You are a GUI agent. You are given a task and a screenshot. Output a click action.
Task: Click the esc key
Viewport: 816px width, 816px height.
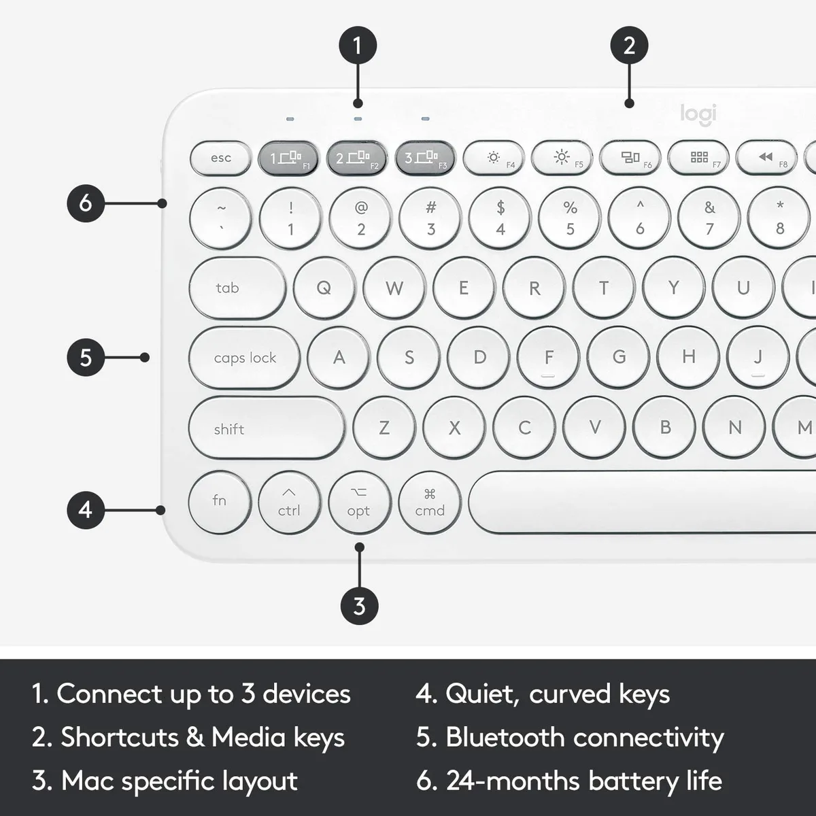click(x=220, y=158)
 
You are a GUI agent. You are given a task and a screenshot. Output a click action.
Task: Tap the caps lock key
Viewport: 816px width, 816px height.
click(x=244, y=358)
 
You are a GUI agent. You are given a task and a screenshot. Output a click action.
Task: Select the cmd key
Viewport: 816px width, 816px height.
click(x=430, y=503)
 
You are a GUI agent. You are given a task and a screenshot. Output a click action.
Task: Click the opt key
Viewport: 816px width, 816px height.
click(x=360, y=503)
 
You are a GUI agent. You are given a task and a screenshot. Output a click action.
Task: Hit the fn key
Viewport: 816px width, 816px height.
click(x=220, y=503)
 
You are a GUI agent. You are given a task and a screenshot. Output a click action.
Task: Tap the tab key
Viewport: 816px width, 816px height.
click(x=237, y=288)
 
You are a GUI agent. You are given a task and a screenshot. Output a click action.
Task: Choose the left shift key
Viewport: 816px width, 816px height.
click(x=267, y=428)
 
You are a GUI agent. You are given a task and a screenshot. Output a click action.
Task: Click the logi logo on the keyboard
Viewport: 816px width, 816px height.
click(x=699, y=115)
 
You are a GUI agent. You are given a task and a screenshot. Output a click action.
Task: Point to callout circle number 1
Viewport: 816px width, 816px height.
click(x=358, y=46)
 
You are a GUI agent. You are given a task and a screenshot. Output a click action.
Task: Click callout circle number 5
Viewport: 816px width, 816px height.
click(x=86, y=358)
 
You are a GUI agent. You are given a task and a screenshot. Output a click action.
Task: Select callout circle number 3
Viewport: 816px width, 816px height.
click(x=359, y=606)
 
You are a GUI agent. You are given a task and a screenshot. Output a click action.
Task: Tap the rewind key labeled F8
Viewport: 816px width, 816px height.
click(x=766, y=158)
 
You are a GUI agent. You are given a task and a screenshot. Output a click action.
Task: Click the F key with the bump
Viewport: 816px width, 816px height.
click(x=548, y=358)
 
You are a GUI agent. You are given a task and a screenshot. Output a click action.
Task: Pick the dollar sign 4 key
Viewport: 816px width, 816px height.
click(x=500, y=218)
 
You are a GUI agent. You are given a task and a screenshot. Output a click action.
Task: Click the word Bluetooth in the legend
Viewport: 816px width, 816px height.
click(x=506, y=737)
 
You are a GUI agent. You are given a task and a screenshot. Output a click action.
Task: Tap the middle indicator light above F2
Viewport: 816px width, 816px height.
click(x=358, y=119)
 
